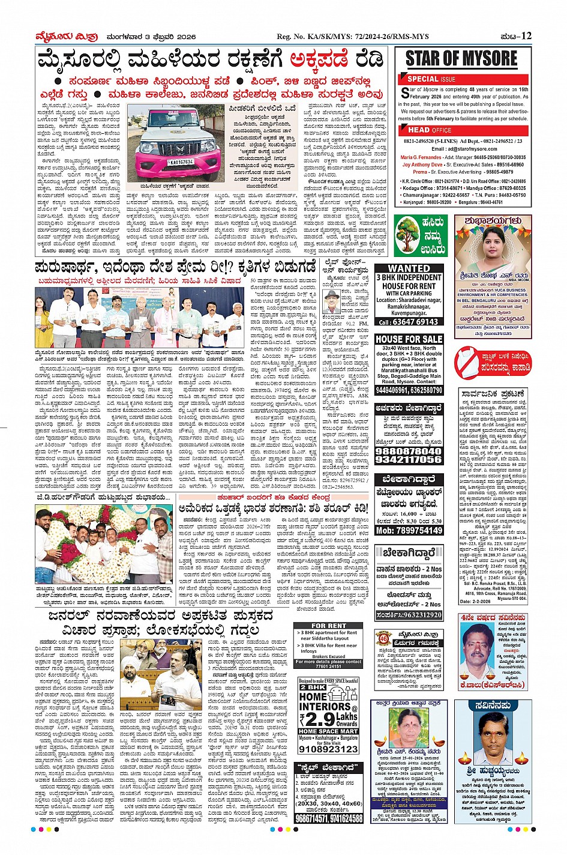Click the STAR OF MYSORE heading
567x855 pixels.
[461, 59]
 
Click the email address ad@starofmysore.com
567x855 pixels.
[464, 149]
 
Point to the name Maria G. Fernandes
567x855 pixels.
[421, 157]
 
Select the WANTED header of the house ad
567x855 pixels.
[409, 268]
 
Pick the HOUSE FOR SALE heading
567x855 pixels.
[409, 339]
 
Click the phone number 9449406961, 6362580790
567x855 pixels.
[409, 390]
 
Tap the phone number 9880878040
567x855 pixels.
[409, 451]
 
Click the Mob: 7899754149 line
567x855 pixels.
[409, 530]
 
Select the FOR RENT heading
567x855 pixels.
[329, 626]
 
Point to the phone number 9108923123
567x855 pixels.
[329, 749]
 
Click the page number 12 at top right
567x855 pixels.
[526, 36]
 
